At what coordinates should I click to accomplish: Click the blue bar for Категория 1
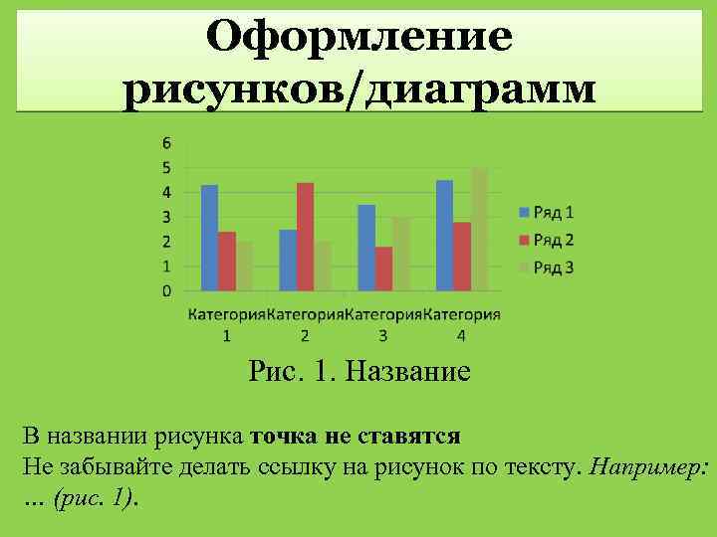[x=209, y=238]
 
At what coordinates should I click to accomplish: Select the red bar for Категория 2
[x=305, y=237]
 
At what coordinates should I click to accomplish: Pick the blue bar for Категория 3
[x=366, y=248]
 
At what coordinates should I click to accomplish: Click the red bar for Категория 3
[x=383, y=268]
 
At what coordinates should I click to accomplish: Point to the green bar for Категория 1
[x=245, y=266]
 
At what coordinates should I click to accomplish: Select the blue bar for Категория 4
[x=444, y=235]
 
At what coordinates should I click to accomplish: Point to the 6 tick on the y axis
[x=166, y=142]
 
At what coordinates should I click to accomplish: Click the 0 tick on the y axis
[x=166, y=290]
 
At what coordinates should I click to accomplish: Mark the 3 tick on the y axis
[x=166, y=217]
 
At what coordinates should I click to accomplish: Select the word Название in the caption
[x=406, y=374]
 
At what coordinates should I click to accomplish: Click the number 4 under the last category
[x=460, y=335]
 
